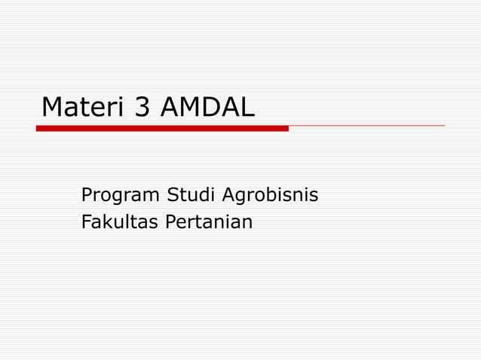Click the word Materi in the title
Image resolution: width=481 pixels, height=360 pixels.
[84, 108]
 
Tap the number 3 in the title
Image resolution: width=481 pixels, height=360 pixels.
[142, 108]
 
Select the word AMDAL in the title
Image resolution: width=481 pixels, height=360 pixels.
[207, 108]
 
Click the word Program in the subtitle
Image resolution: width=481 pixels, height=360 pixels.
[121, 196]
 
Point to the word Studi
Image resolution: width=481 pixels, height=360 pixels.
[191, 195]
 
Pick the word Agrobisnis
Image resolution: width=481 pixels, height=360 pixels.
[270, 196]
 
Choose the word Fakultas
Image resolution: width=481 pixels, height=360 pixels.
[115, 222]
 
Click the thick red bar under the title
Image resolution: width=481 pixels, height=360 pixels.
[162, 129]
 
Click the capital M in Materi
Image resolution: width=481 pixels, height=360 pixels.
[54, 108]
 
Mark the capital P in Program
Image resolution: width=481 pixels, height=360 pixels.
[87, 195]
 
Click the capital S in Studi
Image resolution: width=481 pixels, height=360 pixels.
[172, 195]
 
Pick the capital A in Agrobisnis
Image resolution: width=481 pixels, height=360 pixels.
[228, 195]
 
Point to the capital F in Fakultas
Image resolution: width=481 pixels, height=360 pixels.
[86, 222]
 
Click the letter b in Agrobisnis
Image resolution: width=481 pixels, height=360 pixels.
[273, 195]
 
